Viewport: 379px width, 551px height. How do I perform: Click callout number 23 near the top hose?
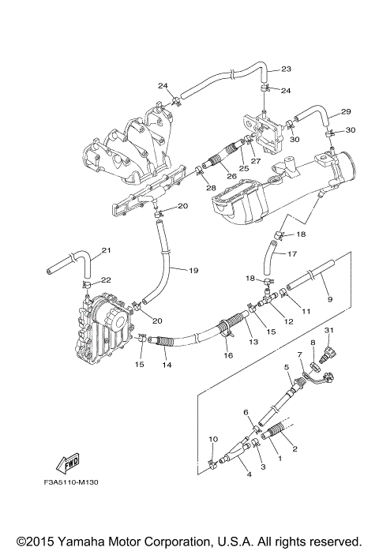pos(287,69)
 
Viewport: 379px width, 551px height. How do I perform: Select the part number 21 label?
pos(107,252)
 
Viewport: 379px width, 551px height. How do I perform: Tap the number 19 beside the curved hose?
pos(193,271)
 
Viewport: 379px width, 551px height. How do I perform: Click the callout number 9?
pos(329,299)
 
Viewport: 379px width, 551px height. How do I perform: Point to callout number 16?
pos(229,356)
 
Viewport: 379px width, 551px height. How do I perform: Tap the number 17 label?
pos(291,253)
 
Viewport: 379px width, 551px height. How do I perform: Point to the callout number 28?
pos(212,187)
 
